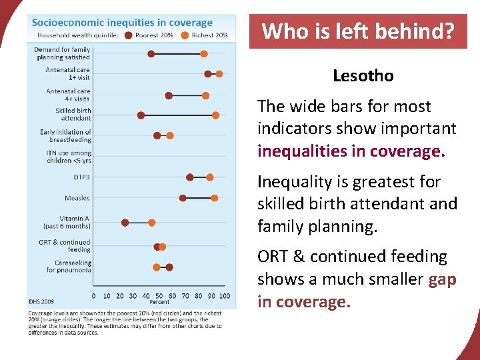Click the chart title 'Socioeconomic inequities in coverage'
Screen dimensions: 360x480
[122, 23]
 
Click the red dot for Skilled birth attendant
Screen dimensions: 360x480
[141, 115]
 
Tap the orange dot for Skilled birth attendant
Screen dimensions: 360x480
[215, 115]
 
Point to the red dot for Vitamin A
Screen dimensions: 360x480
[125, 223]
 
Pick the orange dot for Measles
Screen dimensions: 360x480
[214, 198]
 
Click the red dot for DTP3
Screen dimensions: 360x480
[190, 177]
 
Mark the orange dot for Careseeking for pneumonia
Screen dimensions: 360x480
[157, 267]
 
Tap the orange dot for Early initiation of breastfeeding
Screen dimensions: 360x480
[169, 135]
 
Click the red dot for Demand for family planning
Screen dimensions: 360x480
[151, 53]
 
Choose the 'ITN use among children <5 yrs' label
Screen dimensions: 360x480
[69, 157]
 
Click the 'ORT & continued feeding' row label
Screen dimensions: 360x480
[65, 246]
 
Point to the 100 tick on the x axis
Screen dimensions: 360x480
[224, 295]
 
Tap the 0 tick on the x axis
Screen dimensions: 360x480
[93, 295]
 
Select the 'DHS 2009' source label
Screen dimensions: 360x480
[41, 302]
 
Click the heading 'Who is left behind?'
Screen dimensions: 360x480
[358, 31]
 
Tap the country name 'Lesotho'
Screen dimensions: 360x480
[363, 76]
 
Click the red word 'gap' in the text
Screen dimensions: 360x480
[442, 279]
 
